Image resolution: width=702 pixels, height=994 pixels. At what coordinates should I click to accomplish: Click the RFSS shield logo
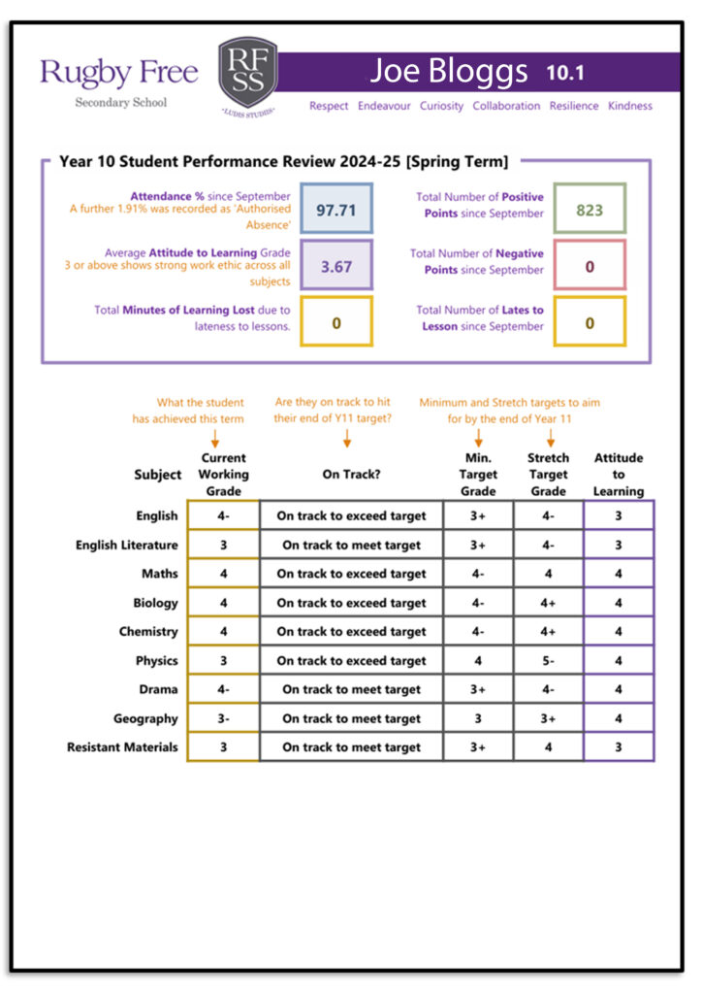coord(247,77)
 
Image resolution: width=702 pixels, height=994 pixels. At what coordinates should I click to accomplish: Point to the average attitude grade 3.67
coord(336,266)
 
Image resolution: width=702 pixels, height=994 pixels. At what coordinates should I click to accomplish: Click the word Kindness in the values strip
coord(630,106)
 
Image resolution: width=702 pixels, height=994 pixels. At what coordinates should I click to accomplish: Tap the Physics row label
coord(157,661)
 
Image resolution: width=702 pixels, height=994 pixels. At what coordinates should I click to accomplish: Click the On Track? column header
coord(351,475)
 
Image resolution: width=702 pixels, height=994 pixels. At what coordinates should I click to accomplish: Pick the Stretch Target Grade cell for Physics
coord(548,661)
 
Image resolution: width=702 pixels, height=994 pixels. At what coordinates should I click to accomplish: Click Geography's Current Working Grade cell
coord(223,719)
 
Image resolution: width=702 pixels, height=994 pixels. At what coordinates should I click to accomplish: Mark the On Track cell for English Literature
coord(351,546)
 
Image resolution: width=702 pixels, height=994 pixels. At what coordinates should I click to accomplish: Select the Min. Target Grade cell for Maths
coord(478,574)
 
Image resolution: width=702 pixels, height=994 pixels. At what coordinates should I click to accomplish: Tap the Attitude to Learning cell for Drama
coord(619,690)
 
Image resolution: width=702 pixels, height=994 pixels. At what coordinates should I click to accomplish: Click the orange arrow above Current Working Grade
coord(215,440)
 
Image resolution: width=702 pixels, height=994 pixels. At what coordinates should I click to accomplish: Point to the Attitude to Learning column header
coord(619,475)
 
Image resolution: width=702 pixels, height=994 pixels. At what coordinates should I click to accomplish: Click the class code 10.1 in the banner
coord(565,73)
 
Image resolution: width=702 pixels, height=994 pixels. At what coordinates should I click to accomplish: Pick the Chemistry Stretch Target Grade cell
coord(548,632)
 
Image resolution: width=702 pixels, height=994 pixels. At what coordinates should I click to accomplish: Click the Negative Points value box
coord(590,267)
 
